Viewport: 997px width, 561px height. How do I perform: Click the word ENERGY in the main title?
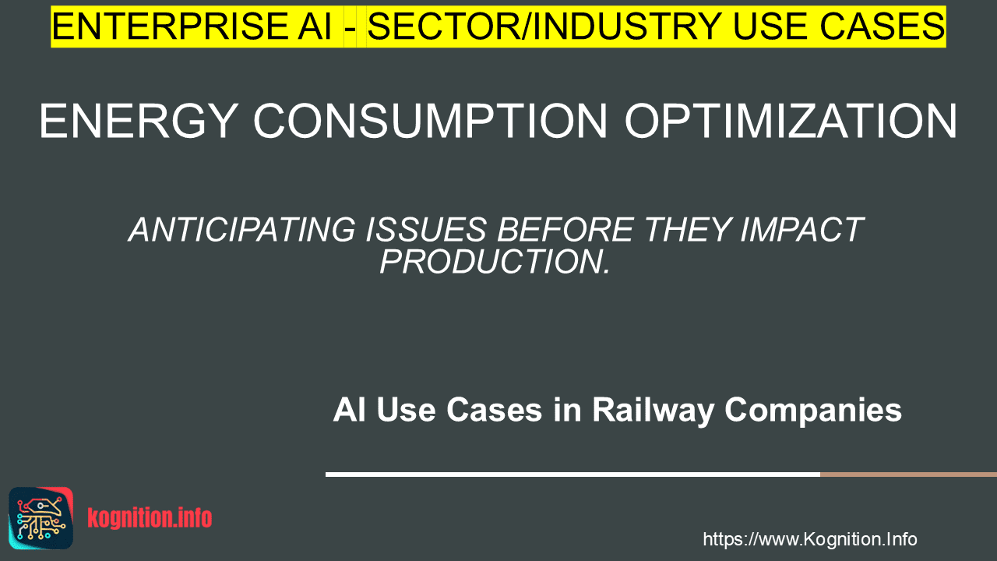[x=138, y=121]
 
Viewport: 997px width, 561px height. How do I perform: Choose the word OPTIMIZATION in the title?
[x=791, y=121]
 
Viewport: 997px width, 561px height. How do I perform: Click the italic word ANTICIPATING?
[x=242, y=230]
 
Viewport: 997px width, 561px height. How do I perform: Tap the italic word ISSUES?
[x=426, y=230]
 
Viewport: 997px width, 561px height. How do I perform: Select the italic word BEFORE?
[x=565, y=230]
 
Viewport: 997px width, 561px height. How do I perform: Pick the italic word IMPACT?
[x=802, y=230]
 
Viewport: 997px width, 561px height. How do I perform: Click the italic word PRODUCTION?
[x=495, y=261]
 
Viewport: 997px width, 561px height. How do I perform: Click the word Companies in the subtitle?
[x=813, y=411]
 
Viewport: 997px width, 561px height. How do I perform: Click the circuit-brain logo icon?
[x=41, y=518]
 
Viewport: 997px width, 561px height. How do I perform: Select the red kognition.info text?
[x=150, y=518]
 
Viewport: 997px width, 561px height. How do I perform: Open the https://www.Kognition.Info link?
[x=810, y=539]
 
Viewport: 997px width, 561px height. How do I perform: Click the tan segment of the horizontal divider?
[x=908, y=475]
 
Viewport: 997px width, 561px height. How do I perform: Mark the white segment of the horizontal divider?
[x=572, y=475]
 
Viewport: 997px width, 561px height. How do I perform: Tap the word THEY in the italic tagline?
[x=687, y=230]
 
